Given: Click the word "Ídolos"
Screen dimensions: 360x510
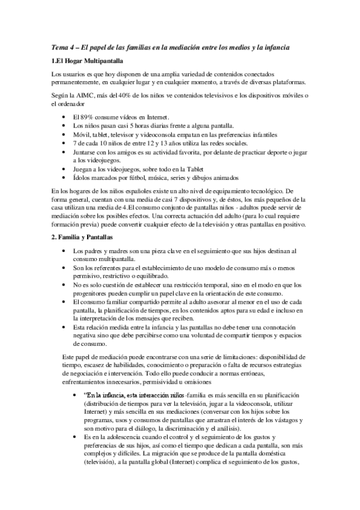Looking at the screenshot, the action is coord(83,178).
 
